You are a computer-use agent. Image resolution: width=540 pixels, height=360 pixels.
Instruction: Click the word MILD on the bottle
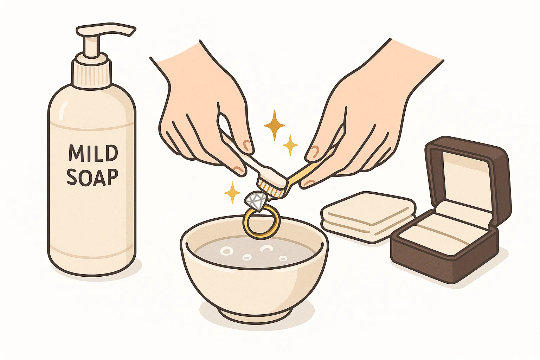click(93, 153)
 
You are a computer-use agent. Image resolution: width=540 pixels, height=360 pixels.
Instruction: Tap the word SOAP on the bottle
click(92, 177)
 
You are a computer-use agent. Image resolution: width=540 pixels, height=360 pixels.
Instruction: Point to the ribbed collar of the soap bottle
click(92, 73)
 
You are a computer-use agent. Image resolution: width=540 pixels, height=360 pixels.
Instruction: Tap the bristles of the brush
click(270, 189)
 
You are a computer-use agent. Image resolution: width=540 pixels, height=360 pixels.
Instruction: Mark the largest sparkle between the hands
click(274, 125)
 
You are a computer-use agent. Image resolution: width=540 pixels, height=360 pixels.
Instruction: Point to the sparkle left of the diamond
click(232, 193)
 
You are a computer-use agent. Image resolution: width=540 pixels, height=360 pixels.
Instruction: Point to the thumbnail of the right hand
click(313, 152)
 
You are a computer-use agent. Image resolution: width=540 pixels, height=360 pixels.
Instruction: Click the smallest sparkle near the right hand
click(290, 144)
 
